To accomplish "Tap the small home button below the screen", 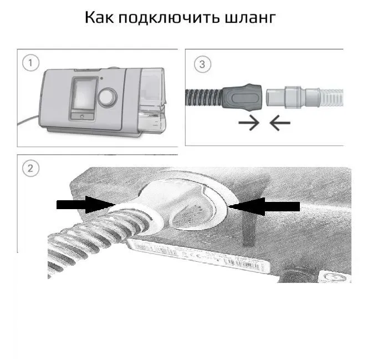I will pyautogui.click(x=82, y=115).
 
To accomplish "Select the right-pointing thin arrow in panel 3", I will pyautogui.click(x=247, y=124).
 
